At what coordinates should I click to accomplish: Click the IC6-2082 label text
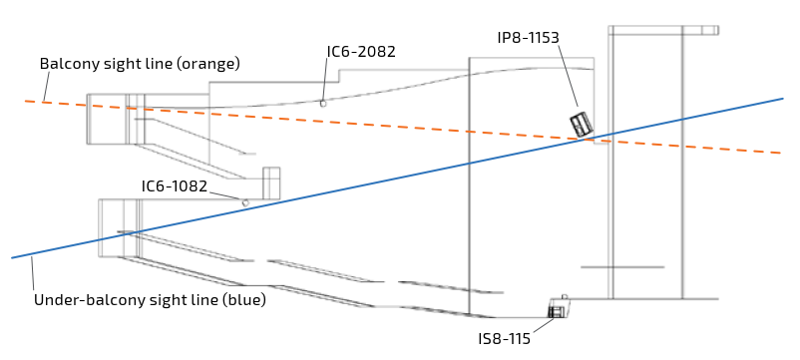tap(361, 52)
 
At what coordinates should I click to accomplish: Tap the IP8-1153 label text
tap(528, 38)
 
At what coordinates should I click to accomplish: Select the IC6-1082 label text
tap(175, 186)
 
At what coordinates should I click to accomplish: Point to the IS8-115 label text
tap(504, 339)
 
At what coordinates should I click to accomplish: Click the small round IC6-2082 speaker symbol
tap(323, 104)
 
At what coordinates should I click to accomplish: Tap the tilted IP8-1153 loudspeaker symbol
tap(582, 124)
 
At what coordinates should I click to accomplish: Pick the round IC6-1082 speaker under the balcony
tap(245, 203)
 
